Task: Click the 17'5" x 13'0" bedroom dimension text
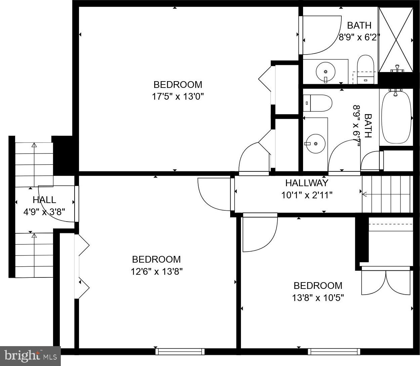tap(178, 96)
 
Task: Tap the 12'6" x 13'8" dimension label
tap(157, 272)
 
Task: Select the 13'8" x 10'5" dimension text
tap(318, 298)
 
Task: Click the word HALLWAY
tap(307, 183)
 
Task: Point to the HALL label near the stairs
tap(44, 200)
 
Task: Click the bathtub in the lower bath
tap(396, 117)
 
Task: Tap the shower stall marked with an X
tap(395, 40)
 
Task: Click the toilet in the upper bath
tap(365, 69)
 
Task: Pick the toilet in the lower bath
tap(318, 103)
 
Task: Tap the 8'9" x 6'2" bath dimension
tap(359, 37)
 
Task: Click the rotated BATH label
tap(368, 126)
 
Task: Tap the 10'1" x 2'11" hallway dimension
tap(307, 195)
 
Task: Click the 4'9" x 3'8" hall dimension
tap(44, 212)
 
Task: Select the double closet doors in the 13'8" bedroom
tap(386, 283)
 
